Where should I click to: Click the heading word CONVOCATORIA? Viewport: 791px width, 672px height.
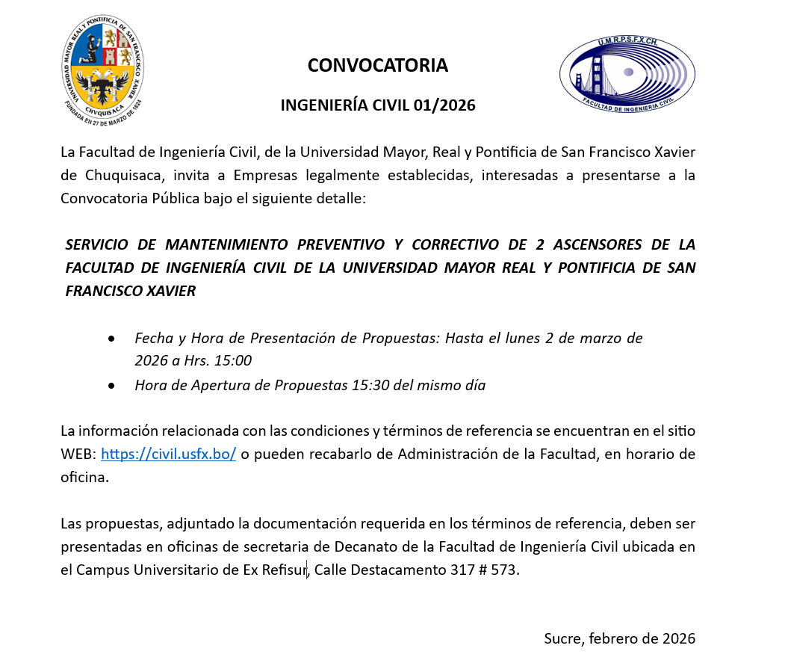(377, 66)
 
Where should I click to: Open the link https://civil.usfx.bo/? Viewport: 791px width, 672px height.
(169, 454)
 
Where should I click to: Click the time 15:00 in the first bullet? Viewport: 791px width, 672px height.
(232, 361)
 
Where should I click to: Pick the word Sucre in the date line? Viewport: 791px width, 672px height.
(562, 639)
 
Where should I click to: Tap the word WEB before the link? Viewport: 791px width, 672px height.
(78, 454)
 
